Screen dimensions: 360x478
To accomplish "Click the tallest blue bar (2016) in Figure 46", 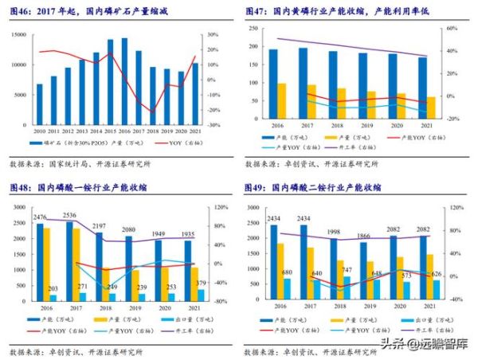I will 123,80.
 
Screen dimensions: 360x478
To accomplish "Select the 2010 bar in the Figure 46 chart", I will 39,103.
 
